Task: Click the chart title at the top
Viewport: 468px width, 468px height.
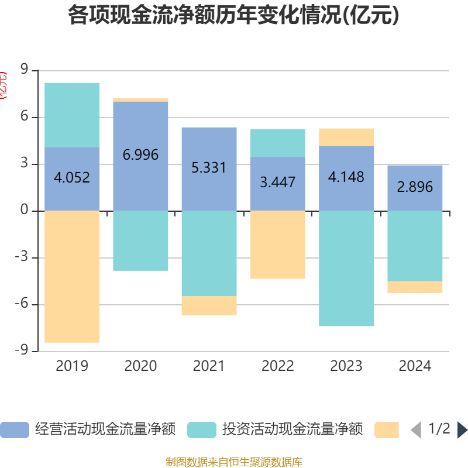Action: click(234, 16)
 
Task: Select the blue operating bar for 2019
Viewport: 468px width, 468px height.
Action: click(72, 193)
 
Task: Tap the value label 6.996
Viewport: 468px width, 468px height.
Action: click(140, 155)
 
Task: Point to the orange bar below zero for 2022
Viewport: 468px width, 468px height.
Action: click(278, 245)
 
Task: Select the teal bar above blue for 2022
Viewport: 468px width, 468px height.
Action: click(278, 143)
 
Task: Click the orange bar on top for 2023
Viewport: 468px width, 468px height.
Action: click(346, 137)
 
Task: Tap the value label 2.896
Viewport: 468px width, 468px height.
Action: click(415, 187)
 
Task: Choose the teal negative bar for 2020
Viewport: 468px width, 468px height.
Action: click(140, 240)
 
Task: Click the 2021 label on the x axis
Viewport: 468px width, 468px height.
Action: click(209, 366)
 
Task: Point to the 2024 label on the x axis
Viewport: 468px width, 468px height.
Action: click(415, 366)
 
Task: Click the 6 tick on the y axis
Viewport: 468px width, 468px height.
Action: click(24, 117)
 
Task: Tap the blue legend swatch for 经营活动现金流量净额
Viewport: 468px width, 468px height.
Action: click(15, 430)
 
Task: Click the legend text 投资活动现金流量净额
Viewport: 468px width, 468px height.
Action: click(292, 430)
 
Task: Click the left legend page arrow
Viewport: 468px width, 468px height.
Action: click(416, 430)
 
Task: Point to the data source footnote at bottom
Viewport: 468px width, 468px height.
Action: click(234, 462)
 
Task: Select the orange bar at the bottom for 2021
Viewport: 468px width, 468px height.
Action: click(209, 306)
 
